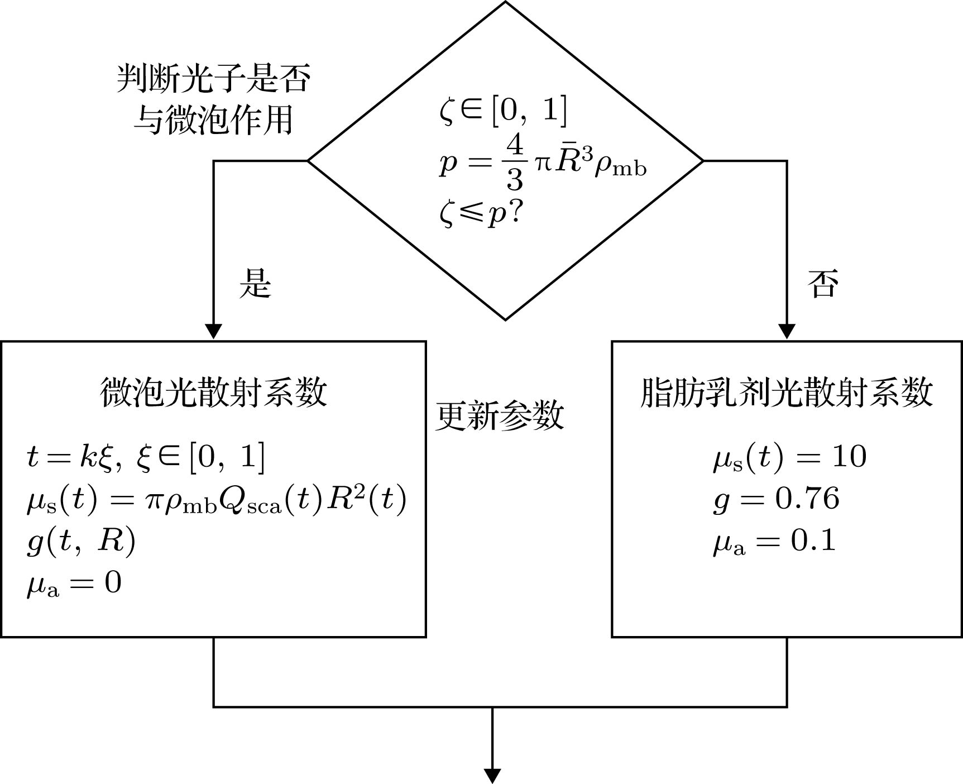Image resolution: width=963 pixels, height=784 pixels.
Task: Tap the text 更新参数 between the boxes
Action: click(x=499, y=416)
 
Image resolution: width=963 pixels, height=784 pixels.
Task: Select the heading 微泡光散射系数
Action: click(x=213, y=392)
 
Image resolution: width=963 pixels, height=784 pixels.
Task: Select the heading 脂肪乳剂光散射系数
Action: click(x=786, y=392)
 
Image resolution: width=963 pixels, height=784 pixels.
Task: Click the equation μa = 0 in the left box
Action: click(x=74, y=584)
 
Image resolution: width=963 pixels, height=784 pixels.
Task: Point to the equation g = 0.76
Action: click(x=776, y=499)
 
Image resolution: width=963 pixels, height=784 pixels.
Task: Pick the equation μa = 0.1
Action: click(x=775, y=541)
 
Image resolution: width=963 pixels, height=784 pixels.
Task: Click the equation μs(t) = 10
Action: click(x=789, y=457)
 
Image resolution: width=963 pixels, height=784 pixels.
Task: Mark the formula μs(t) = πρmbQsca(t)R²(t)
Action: click(x=217, y=499)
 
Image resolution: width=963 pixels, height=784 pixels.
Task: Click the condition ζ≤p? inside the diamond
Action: click(x=480, y=215)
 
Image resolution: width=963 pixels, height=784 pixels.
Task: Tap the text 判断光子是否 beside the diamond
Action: click(x=213, y=79)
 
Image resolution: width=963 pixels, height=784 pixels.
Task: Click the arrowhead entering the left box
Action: click(x=213, y=332)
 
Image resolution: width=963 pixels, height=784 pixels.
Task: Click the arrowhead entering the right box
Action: click(x=787, y=332)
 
